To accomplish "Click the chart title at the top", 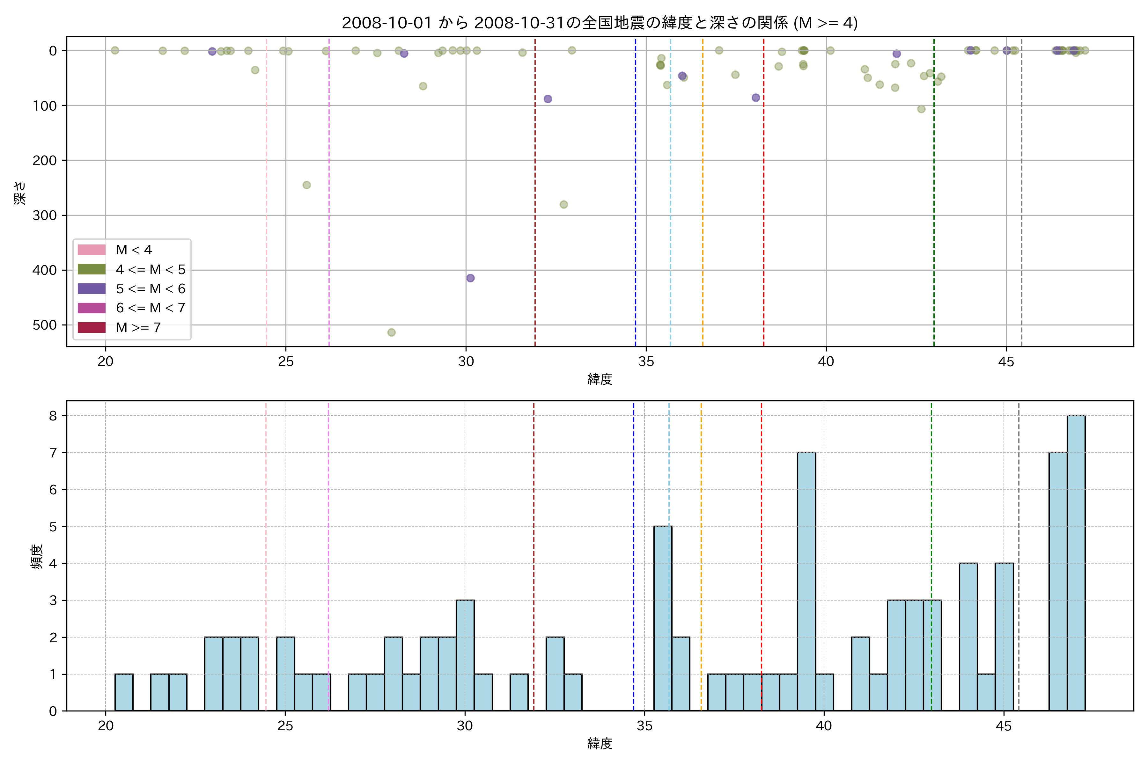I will click(x=600, y=23).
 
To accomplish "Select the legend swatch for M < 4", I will click(x=92, y=250).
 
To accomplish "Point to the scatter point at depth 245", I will click(x=306, y=185).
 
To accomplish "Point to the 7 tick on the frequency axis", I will click(x=53, y=453).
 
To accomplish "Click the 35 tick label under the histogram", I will click(x=644, y=726).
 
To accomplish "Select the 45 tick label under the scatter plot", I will click(x=1006, y=361).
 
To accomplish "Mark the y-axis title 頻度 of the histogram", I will click(x=37, y=557).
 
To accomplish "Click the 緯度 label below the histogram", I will click(x=600, y=744).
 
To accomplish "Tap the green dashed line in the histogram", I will click(x=931, y=537).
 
